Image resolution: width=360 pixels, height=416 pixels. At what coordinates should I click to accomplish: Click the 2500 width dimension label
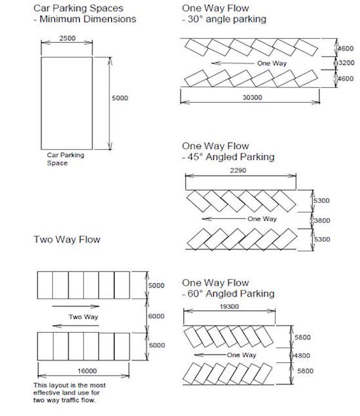point(67,38)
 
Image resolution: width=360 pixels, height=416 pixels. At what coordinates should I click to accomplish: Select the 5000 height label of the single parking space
point(120,98)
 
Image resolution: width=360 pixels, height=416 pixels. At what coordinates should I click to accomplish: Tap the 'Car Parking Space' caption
point(65,159)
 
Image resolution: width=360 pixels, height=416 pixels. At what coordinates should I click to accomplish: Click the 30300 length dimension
point(252,98)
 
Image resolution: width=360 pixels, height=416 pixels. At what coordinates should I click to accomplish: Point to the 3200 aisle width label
point(346,63)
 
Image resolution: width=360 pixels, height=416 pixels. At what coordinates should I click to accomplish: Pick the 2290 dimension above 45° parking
point(238,170)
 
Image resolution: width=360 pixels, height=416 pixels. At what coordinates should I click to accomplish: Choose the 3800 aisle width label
point(322,221)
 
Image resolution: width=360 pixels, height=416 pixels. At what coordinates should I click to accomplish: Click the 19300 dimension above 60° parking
point(229,307)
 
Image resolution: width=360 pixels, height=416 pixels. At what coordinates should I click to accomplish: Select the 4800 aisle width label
point(302,356)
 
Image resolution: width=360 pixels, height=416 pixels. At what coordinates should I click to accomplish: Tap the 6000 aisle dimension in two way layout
point(156,316)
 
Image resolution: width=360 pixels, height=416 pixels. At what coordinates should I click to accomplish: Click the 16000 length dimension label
point(87,371)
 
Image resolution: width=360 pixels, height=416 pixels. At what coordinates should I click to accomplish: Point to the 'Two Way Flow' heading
point(67,239)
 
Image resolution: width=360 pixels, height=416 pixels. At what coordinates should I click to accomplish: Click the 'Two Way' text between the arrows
point(84,317)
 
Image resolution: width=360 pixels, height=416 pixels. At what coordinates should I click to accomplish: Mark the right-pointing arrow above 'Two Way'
point(76,306)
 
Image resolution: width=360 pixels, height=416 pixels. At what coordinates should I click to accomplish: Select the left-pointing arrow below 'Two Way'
point(76,326)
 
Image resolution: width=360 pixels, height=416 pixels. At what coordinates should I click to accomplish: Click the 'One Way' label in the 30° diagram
point(272,63)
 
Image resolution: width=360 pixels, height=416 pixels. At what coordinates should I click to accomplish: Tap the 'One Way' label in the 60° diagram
point(242,355)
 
